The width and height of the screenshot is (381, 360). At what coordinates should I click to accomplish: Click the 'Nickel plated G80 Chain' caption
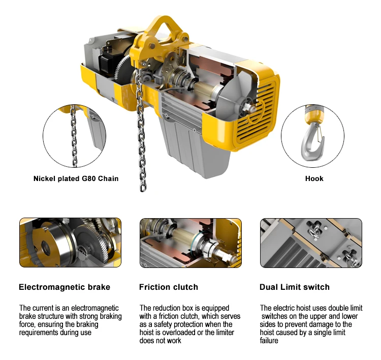[x=76, y=178]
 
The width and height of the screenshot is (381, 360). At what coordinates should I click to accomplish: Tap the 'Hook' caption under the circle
[x=314, y=178]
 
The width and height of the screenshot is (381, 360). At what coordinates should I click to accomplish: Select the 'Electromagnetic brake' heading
[x=65, y=287]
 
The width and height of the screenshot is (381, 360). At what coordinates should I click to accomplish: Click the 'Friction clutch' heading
[x=168, y=287]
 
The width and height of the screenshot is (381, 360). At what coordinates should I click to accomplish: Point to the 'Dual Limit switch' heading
[x=294, y=287]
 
